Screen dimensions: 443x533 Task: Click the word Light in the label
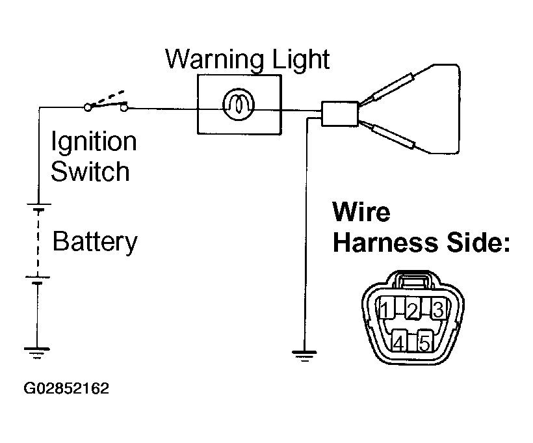coord(296,59)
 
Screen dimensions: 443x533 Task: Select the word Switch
coord(91,172)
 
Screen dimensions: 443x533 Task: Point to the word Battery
coord(95,241)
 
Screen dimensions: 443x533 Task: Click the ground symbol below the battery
coord(37,353)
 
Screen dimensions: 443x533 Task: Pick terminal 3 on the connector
coord(437,309)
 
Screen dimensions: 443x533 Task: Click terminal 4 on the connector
coord(400,341)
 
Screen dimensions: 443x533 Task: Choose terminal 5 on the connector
coord(425,341)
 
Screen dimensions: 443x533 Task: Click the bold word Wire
coord(361,212)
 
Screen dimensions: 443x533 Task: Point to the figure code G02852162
coord(67,390)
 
